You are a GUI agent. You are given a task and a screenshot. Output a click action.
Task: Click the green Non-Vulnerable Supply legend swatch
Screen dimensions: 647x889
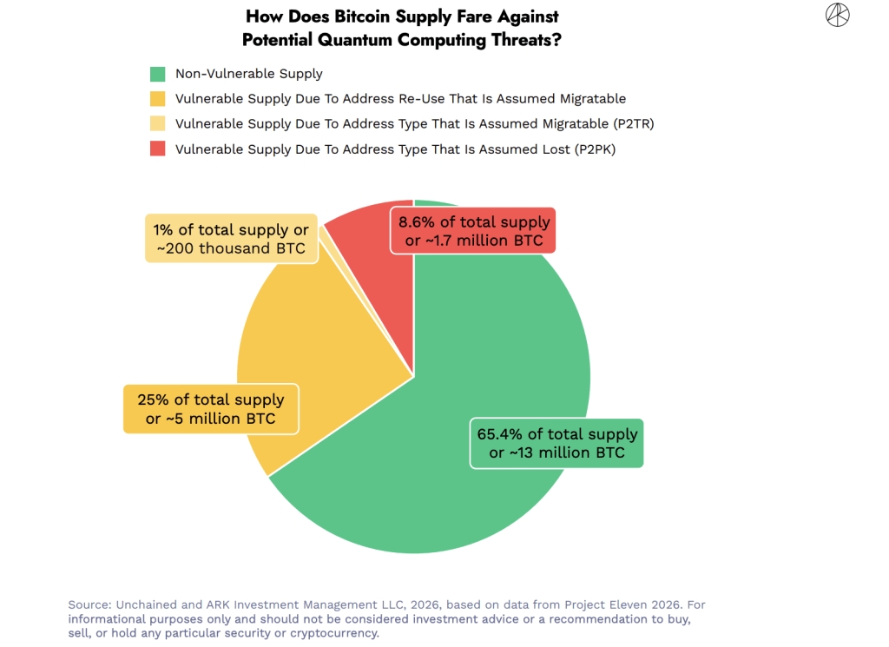[x=157, y=74]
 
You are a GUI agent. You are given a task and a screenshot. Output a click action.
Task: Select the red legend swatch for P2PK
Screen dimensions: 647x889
[x=157, y=149]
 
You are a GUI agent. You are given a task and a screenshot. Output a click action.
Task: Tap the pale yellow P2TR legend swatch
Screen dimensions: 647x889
[x=157, y=123]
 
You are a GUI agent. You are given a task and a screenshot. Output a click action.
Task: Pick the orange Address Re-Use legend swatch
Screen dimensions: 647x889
[x=157, y=99]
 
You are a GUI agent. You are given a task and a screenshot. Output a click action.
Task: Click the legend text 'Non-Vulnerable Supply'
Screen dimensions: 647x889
[x=248, y=74]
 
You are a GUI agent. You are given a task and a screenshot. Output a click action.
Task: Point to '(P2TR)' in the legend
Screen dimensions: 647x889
[x=628, y=123]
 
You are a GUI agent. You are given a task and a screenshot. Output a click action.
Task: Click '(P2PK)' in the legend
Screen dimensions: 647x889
[x=596, y=149]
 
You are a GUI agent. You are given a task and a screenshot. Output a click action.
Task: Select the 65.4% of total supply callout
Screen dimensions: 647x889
[x=556, y=443]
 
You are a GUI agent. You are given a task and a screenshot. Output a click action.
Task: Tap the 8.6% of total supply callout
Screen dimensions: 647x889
[x=473, y=231]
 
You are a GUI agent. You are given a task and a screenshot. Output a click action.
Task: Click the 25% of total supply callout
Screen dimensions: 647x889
[x=210, y=409]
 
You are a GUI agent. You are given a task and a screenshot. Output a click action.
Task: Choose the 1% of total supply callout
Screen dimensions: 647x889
[x=231, y=239]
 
